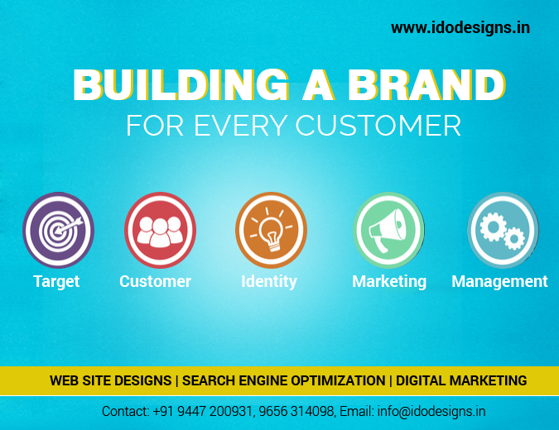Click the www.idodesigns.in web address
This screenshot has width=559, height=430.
[x=460, y=28]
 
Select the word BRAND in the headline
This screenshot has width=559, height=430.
[x=426, y=85]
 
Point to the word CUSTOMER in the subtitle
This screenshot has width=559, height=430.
[x=378, y=126]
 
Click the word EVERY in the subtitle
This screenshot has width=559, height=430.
[x=240, y=126]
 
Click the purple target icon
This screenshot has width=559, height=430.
[x=59, y=230]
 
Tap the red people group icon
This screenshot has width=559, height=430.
[x=160, y=230]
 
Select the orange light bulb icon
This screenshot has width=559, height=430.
[x=272, y=230]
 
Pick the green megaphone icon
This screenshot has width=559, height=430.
[x=388, y=230]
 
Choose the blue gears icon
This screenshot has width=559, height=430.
[x=503, y=230]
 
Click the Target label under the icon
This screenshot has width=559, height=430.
[x=56, y=282]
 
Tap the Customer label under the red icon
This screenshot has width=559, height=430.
[x=155, y=281]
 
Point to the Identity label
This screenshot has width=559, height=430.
[x=269, y=282]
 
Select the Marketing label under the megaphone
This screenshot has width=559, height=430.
[x=389, y=282]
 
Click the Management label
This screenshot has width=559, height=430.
[x=499, y=282]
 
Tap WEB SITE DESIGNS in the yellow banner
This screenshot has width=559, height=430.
[x=110, y=380]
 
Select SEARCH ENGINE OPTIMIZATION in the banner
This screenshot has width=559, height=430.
[x=284, y=380]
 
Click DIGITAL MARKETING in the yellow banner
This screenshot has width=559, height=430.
[x=461, y=380]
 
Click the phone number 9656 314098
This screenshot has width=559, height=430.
[x=296, y=412]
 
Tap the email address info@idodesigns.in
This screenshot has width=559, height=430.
[x=431, y=412]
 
